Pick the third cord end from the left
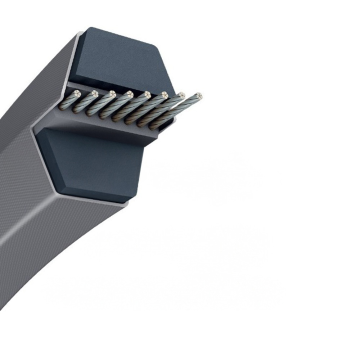click(x=112, y=93)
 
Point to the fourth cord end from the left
click(x=130, y=93)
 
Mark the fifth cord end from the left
click(x=147, y=94)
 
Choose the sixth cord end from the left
click(x=164, y=94)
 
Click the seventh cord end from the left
click(x=181, y=94)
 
